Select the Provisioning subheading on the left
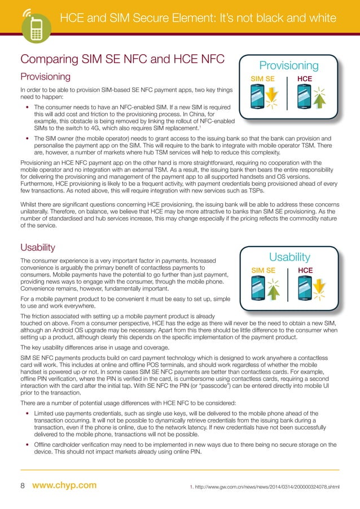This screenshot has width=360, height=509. (45, 76)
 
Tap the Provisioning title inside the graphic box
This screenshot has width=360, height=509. (289, 66)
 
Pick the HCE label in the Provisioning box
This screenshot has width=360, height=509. (305, 79)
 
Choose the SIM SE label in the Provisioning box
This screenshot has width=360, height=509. (262, 79)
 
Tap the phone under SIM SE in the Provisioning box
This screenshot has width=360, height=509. (258, 96)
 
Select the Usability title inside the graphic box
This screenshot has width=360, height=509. (289, 257)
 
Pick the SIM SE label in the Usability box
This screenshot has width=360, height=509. (262, 270)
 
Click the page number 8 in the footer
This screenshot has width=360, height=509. (23, 485)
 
